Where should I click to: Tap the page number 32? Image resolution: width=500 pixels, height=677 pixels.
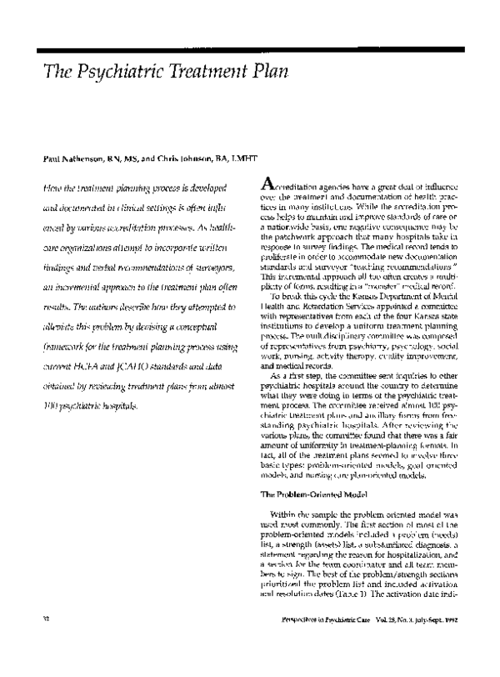pyautogui.click(x=34, y=643)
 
